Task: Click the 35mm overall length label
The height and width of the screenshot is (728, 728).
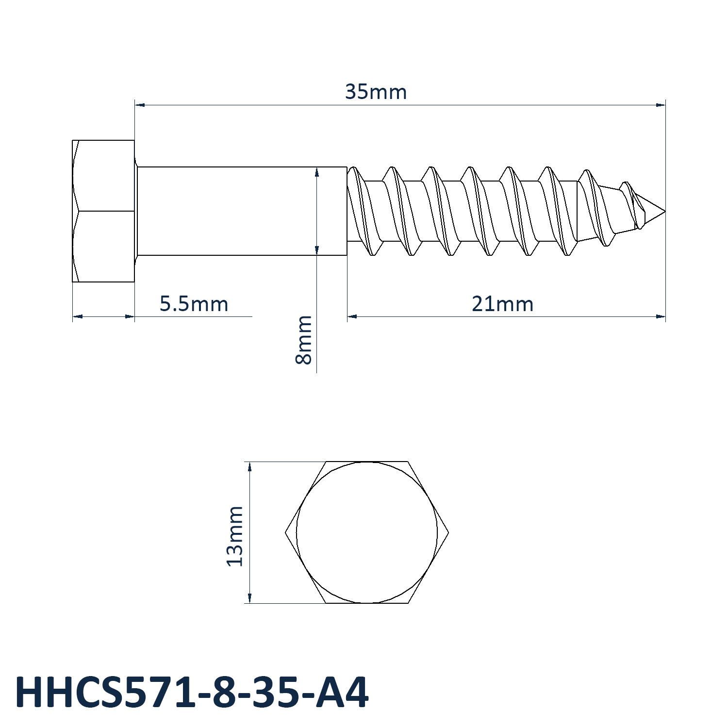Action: click(376, 92)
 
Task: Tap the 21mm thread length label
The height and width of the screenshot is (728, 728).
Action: click(502, 304)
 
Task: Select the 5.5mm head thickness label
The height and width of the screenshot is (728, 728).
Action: click(194, 304)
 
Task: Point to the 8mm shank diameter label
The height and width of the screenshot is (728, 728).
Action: click(304, 340)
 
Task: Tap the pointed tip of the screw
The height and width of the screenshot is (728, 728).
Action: click(664, 211)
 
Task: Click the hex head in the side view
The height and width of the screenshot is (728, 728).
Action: click(103, 211)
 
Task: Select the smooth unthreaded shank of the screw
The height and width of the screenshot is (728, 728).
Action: click(242, 211)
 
